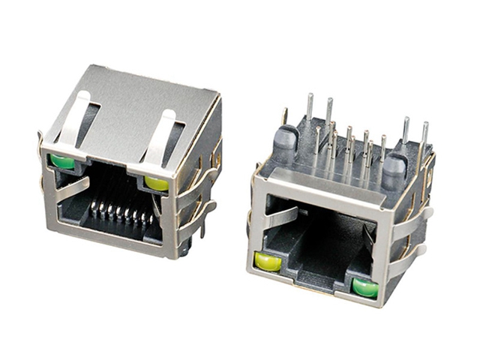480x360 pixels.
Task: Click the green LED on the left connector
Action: click(x=62, y=161)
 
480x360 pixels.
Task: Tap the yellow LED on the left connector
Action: click(x=157, y=183)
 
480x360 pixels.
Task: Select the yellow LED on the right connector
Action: click(x=268, y=262)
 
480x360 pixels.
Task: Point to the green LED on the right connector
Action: click(x=365, y=287)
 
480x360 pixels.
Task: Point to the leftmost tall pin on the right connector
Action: click(x=309, y=109)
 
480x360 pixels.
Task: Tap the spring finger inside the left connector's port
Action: click(x=73, y=190)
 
